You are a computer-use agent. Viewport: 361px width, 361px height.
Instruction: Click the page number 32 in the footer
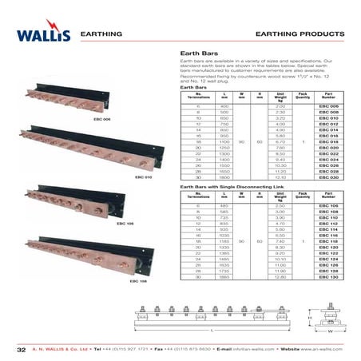click(22, 349)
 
